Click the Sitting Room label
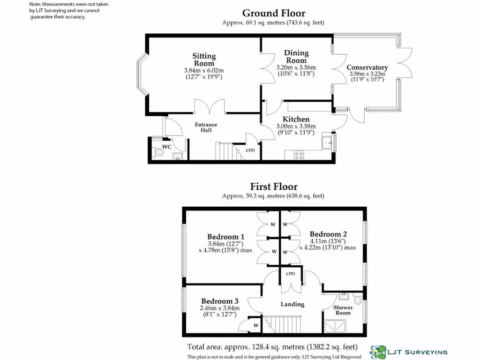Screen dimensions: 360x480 pyautogui.click(x=204, y=60)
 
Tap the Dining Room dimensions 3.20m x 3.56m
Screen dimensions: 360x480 pyautogui.click(x=296, y=67)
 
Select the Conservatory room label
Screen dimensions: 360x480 pyautogui.click(x=367, y=67)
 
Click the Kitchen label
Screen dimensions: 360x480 pyautogui.click(x=296, y=120)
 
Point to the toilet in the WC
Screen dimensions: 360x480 pyautogui.click(x=157, y=152)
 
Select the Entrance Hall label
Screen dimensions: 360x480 pyautogui.click(x=206, y=127)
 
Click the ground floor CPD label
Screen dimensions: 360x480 pyautogui.click(x=250, y=150)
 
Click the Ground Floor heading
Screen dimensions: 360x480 pyautogui.click(x=273, y=13)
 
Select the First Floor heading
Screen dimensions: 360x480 pyautogui.click(x=273, y=187)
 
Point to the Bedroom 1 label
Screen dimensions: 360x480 pyautogui.click(x=225, y=236)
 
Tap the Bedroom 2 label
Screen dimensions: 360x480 pyautogui.click(x=328, y=234)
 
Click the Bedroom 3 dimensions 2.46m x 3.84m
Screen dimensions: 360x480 pyautogui.click(x=220, y=308)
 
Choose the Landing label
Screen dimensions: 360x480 pyautogui.click(x=292, y=304)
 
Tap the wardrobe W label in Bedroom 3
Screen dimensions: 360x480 pyautogui.click(x=256, y=325)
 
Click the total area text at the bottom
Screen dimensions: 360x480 pyautogui.click(x=272, y=347)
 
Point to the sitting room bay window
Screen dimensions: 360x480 pyautogui.click(x=141, y=75)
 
